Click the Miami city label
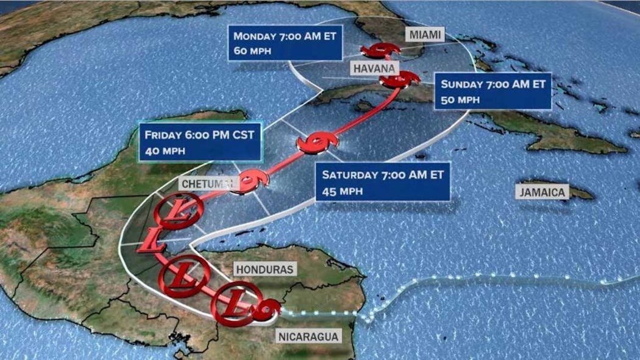point(424,35)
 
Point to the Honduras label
point(265,269)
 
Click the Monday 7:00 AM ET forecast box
point(285,43)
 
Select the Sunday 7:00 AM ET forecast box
point(492,91)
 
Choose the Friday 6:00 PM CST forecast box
point(200,141)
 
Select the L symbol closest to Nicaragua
point(235,303)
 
